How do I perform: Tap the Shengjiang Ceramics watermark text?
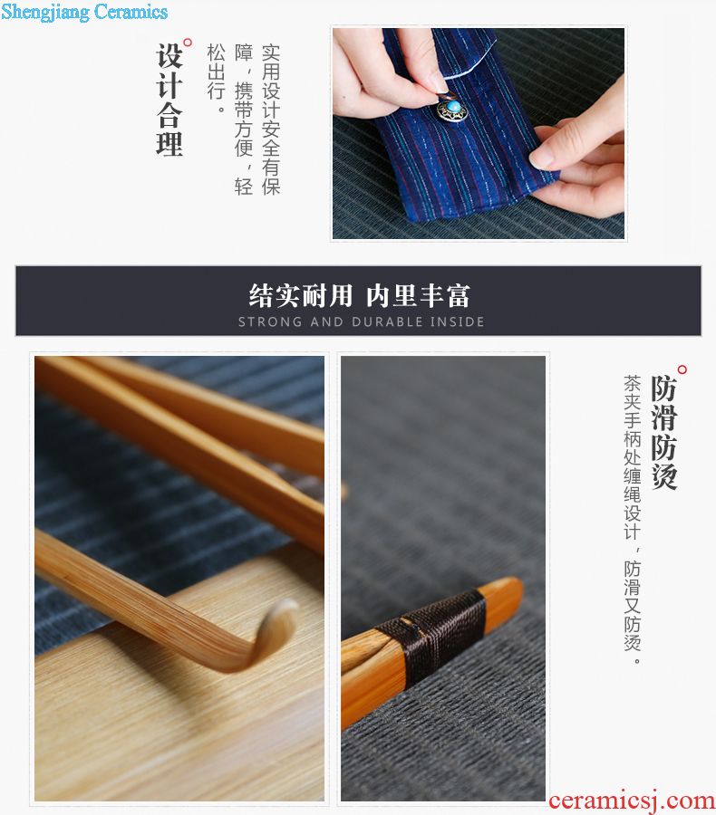84,12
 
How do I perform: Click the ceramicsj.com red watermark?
632,801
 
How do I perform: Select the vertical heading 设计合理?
169,100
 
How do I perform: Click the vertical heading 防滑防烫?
664,433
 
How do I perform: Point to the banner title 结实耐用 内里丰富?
359,296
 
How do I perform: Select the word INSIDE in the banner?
458,322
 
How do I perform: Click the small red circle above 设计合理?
188,43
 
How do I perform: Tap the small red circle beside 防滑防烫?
682,369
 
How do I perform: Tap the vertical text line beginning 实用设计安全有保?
271,120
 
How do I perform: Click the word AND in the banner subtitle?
327,322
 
